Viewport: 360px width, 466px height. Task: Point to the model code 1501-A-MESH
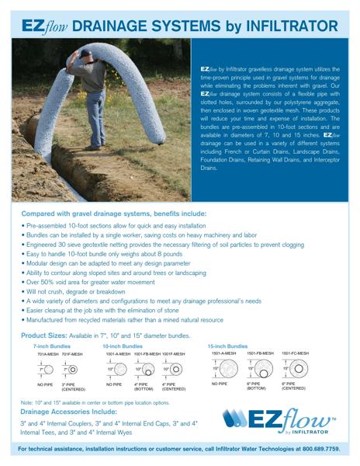pyautogui.click(x=223, y=353)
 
